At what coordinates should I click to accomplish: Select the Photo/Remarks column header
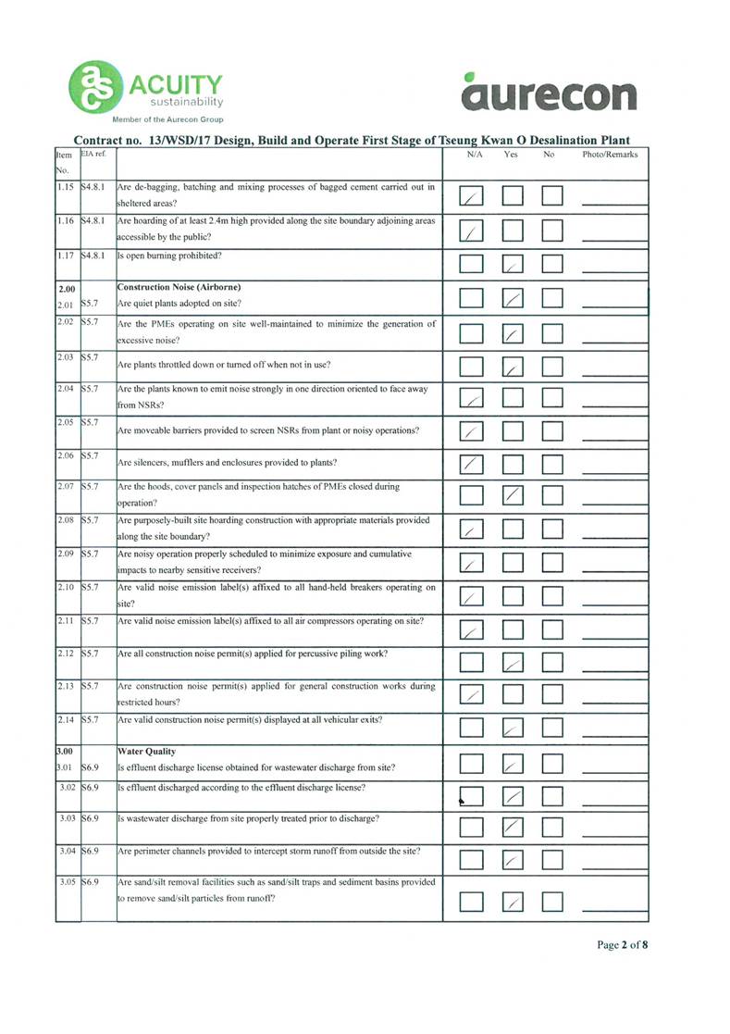pos(610,155)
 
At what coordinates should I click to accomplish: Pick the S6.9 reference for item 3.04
pos(91,848)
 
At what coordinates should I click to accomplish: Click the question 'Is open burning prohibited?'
pos(177,255)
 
